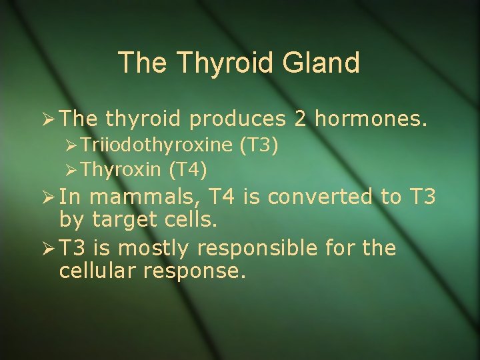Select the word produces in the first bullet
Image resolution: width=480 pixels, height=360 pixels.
click(237, 119)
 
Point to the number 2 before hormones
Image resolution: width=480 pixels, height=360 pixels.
click(300, 119)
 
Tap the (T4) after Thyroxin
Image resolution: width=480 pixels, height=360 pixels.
click(187, 170)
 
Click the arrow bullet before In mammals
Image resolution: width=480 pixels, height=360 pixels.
click(47, 197)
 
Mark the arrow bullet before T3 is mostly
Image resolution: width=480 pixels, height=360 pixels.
click(47, 249)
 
